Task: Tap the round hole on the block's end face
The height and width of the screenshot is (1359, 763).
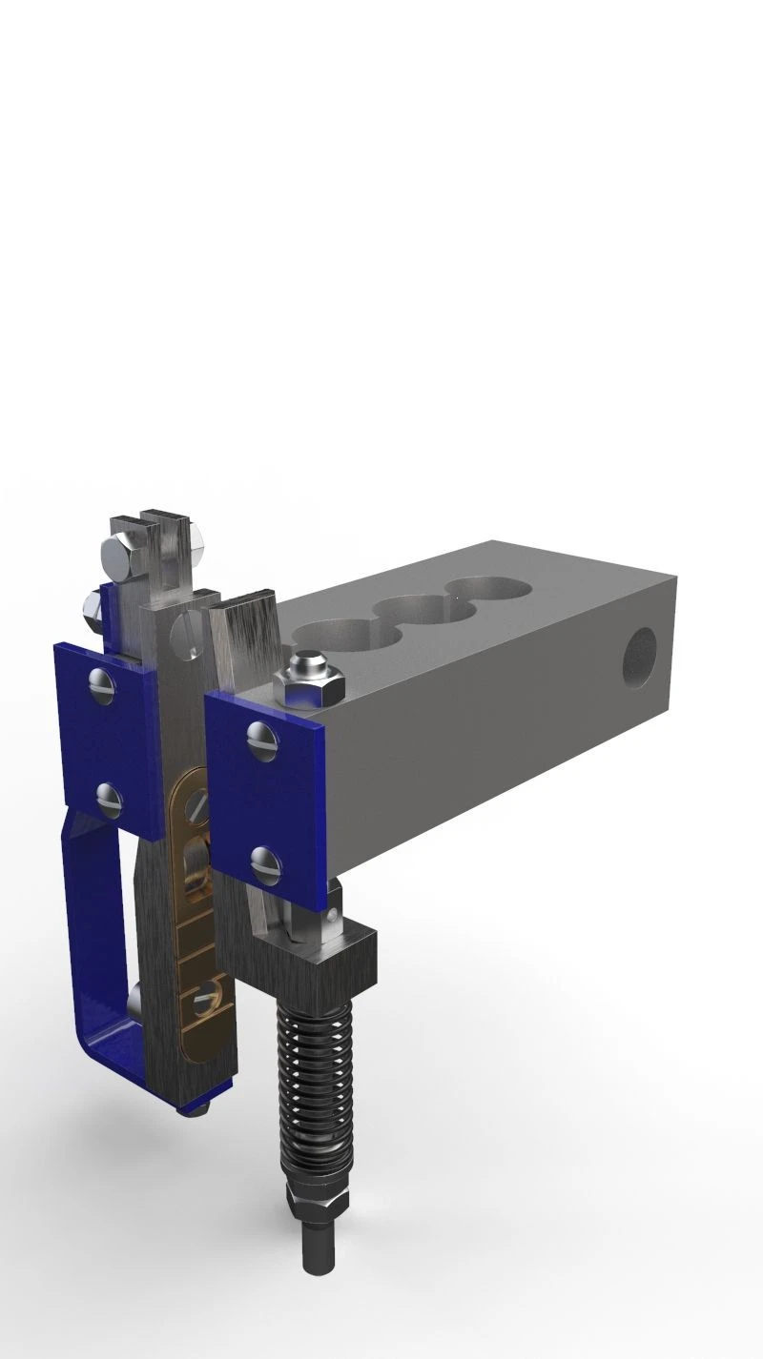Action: point(641,658)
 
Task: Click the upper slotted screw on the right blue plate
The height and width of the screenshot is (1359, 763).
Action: point(260,736)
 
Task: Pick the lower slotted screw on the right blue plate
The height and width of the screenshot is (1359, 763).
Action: point(265,863)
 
